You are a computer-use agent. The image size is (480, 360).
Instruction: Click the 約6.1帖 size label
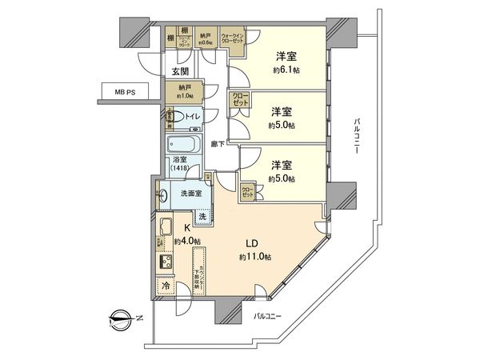[x=285, y=71]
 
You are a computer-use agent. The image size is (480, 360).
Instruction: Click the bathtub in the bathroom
[x=187, y=146]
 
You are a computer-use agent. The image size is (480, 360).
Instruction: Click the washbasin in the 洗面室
[x=163, y=194]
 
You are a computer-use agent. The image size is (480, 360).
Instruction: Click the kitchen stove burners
[x=166, y=262]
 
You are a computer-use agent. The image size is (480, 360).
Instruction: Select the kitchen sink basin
[x=165, y=226]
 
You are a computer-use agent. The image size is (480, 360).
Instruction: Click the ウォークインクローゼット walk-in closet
[x=234, y=39]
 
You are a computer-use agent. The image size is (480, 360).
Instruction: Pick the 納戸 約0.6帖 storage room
[x=206, y=40]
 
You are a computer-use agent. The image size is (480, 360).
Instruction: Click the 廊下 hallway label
[x=217, y=144]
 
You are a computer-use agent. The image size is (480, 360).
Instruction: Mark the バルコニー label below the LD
[x=263, y=317]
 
